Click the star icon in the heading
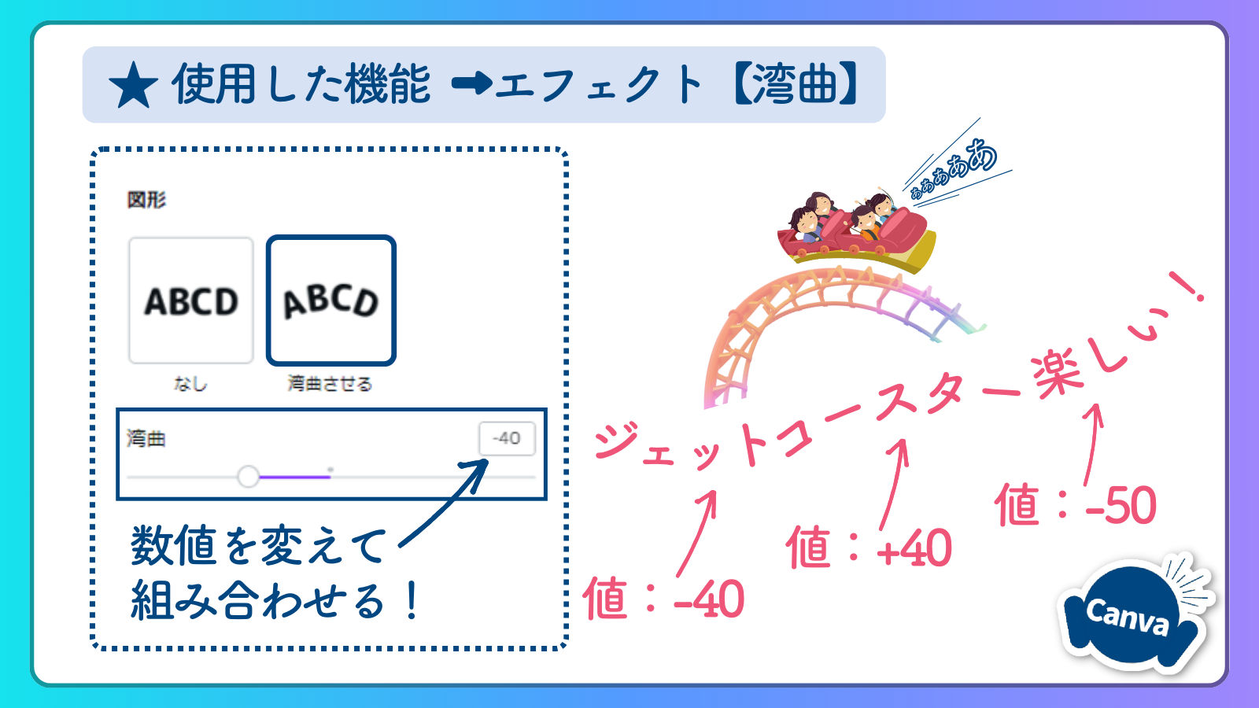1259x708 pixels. pyautogui.click(x=133, y=86)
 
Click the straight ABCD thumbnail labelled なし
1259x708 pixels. pyautogui.click(x=191, y=301)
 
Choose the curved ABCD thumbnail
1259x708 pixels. pyautogui.click(x=331, y=301)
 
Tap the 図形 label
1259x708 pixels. pyautogui.click(x=146, y=200)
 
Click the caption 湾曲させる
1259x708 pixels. pyautogui.click(x=330, y=384)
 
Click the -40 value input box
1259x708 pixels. pyautogui.click(x=507, y=438)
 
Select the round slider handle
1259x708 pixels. pyautogui.click(x=248, y=477)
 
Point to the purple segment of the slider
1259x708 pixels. pyautogui.click(x=295, y=477)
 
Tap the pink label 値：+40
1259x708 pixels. pyautogui.click(x=869, y=548)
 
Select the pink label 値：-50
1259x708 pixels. pyautogui.click(x=1075, y=504)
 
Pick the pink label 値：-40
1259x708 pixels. pyautogui.click(x=664, y=599)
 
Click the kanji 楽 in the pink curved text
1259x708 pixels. pyautogui.click(x=1057, y=374)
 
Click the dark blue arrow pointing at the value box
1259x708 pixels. pyautogui.click(x=444, y=502)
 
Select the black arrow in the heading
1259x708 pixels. pyautogui.click(x=472, y=84)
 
